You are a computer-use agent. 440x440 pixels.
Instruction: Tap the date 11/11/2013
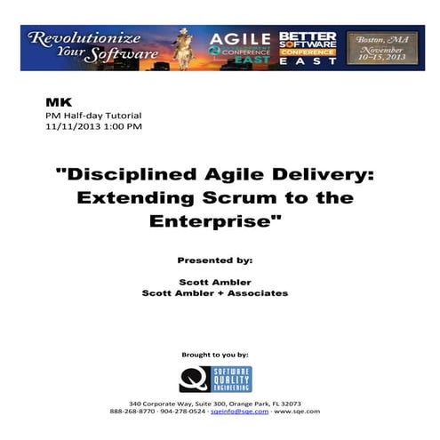tap(72, 126)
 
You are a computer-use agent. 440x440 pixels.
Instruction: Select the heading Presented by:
tap(220, 260)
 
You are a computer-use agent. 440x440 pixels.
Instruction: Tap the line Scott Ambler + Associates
tap(220, 292)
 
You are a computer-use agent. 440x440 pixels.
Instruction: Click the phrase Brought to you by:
tap(220, 354)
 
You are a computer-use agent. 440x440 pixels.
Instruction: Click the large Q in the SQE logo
tap(193, 379)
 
